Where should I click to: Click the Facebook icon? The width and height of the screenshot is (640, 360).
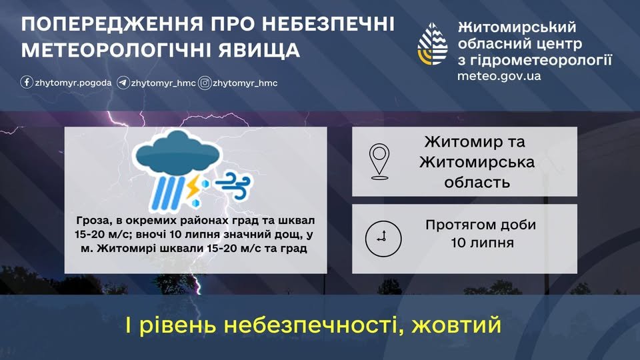pos(27,83)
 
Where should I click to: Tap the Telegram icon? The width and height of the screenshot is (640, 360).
pos(123,83)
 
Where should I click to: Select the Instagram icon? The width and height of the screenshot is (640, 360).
pos(205,83)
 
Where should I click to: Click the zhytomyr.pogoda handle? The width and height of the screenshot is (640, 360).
pos(73,83)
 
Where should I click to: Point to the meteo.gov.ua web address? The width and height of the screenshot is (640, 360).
pos(499,76)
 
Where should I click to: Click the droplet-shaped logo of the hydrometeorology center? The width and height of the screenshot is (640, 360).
pos(433,44)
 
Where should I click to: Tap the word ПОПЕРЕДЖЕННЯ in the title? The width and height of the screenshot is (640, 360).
pos(112,25)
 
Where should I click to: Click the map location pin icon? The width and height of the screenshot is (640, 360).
pos(379,161)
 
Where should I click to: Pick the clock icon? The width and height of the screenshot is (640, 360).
pos(383,239)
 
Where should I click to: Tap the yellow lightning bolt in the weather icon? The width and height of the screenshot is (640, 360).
pos(193,186)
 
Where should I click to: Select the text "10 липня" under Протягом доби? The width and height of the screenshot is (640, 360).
pos(482,243)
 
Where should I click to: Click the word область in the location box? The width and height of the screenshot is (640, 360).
pos(477,182)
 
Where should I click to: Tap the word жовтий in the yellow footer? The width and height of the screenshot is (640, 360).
pos(456,325)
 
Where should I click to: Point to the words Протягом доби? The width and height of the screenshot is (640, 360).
pos(481,225)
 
